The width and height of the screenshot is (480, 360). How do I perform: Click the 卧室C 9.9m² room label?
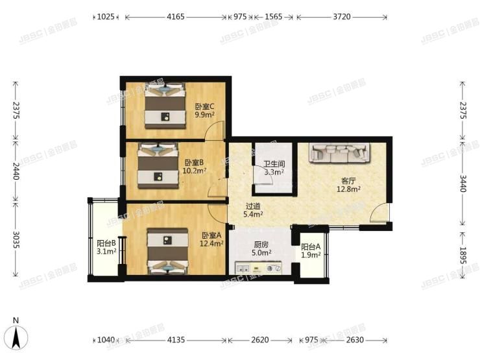pos(204,111)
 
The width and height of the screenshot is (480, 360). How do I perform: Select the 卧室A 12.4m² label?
pos(212,239)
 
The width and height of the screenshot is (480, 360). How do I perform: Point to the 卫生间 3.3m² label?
pos(273,168)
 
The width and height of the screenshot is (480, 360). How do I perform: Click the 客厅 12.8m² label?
pos(348,186)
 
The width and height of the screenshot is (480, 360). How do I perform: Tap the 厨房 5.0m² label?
pos(261,249)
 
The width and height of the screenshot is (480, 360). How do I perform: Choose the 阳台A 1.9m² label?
pos(311,250)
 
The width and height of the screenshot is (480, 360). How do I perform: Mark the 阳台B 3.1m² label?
pos(106,247)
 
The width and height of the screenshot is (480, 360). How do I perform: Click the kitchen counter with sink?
pos(259,267)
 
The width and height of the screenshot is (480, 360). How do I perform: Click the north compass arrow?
pos(19,335)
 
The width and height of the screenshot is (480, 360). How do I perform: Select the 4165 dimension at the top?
pos(176,17)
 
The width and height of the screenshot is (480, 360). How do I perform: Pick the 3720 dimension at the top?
pos(341,17)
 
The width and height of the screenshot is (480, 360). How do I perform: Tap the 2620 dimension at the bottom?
pos(261,339)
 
